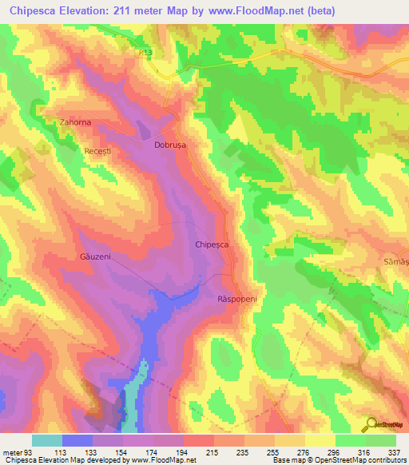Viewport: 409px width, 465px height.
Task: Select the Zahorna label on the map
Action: pos(76,123)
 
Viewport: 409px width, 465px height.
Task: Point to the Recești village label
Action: pos(100,150)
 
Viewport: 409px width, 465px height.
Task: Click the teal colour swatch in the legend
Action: pos(46,440)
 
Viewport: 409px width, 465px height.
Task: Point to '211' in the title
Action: pos(131,10)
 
